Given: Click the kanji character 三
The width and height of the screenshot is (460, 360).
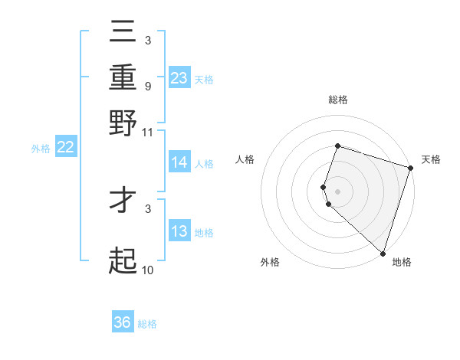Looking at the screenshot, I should coord(123,33).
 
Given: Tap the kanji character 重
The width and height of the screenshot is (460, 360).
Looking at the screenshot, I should coord(123,77).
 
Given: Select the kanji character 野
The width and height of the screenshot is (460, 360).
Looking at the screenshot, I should coord(123,123).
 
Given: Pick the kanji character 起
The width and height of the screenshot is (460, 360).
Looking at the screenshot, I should coord(123,260).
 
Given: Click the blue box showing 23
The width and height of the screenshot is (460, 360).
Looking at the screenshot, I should coord(179,78).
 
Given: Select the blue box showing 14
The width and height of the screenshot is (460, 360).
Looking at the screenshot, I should coord(179,162).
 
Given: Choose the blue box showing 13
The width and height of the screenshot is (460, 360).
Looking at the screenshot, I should coord(179,232).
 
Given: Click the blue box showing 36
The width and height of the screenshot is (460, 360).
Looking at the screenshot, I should coord(123,322).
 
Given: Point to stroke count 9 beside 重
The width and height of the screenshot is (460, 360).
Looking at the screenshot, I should coord(147,86).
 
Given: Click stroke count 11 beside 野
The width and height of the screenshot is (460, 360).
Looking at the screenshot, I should coord(148,132).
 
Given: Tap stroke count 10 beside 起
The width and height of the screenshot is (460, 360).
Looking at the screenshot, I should coord(148,270).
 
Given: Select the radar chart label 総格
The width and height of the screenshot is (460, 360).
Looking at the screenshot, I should coord(338,100).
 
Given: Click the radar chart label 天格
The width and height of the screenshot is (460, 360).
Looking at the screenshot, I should coord(431,159).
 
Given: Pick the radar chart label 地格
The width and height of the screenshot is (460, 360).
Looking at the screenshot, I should coord(402,262).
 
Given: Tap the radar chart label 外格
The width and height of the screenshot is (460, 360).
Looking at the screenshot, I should coord(270,262).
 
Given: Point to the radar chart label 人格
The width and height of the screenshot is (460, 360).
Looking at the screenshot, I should coord(245,159).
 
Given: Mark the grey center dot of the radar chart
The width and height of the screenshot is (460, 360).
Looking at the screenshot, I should coord(338,191).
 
